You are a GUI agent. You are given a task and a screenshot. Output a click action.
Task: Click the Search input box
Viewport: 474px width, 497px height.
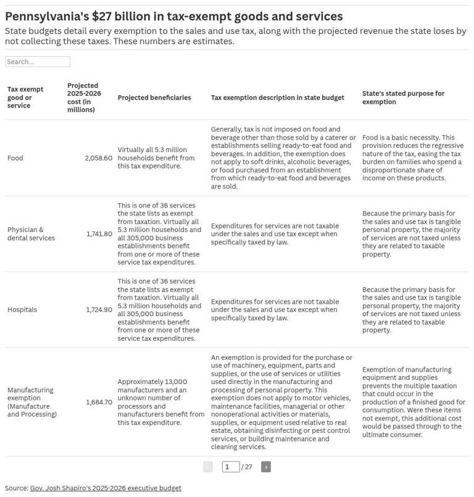[37, 62]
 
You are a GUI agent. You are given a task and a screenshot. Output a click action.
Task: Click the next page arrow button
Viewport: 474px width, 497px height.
[266, 467]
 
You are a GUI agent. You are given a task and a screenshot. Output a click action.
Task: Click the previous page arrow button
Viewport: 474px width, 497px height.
[208, 467]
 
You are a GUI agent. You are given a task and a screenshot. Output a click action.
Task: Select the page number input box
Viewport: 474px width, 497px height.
[230, 467]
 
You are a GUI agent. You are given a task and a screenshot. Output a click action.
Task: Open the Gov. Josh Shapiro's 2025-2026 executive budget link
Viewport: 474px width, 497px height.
[106, 488]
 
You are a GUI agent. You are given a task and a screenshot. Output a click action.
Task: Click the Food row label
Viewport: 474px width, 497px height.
[15, 158]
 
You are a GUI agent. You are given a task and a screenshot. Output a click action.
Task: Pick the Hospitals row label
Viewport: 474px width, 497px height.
[22, 310]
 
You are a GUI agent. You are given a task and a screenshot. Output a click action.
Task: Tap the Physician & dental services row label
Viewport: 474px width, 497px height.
[31, 234]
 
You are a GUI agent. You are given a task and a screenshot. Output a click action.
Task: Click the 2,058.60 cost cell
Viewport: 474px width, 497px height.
[99, 158]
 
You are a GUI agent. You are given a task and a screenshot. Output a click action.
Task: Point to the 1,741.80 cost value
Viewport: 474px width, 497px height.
[99, 234]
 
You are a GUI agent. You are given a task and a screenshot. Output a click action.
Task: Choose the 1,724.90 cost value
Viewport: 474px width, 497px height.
[99, 310]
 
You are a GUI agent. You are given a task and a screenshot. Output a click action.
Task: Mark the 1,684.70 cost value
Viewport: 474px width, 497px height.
[99, 402]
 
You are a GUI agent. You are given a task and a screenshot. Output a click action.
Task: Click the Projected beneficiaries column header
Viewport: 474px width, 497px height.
[154, 98]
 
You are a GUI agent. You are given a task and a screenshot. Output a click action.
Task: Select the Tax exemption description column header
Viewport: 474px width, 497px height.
[277, 98]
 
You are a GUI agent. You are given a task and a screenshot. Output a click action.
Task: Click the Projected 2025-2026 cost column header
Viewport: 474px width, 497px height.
[85, 98]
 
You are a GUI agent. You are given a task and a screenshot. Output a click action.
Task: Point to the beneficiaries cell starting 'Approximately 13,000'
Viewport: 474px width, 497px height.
[160, 402]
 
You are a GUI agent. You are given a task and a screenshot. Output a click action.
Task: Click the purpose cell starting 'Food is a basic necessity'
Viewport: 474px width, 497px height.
[412, 158]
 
